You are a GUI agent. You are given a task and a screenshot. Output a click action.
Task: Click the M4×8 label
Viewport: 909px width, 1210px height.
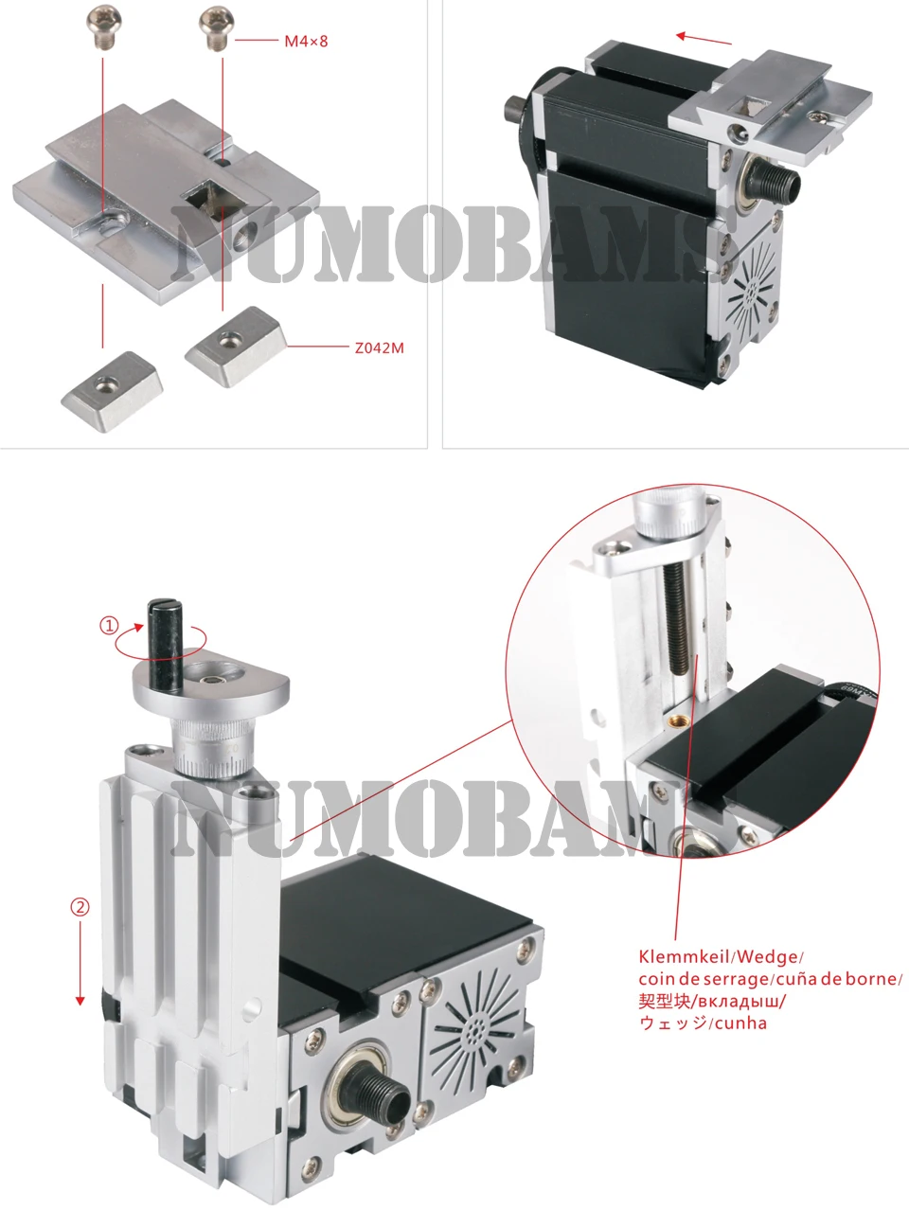pos(306,42)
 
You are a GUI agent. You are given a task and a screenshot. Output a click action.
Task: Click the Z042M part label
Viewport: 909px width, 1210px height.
pos(379,347)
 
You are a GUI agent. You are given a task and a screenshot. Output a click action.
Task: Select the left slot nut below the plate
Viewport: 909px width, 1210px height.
pos(111,389)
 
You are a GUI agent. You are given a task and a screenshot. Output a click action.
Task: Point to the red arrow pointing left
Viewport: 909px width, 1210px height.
pos(704,39)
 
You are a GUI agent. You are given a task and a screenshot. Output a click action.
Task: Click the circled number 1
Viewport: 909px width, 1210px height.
pos(110,626)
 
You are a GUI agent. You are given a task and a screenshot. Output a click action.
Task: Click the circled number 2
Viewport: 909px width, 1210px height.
pos(80,906)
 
